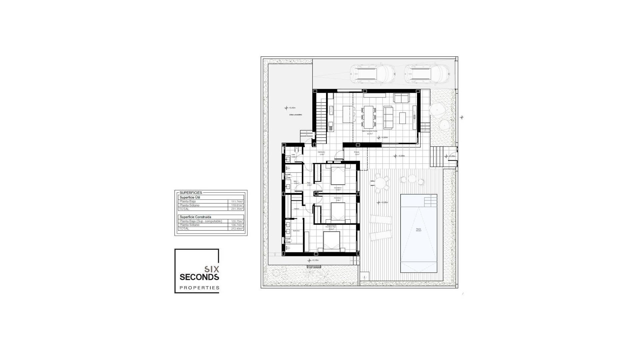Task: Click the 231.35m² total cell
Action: click(237, 209)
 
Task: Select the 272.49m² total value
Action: click(237, 229)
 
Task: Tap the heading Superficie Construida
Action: click(195, 217)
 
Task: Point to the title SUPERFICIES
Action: click(191, 193)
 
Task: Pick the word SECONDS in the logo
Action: click(199, 277)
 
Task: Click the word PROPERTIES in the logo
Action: click(199, 288)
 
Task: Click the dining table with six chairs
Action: click(369, 117)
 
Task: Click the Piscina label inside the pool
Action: click(418, 229)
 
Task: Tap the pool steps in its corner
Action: click(430, 201)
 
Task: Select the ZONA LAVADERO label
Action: click(295, 115)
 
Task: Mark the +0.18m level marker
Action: click(313, 260)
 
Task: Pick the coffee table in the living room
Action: click(402, 118)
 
